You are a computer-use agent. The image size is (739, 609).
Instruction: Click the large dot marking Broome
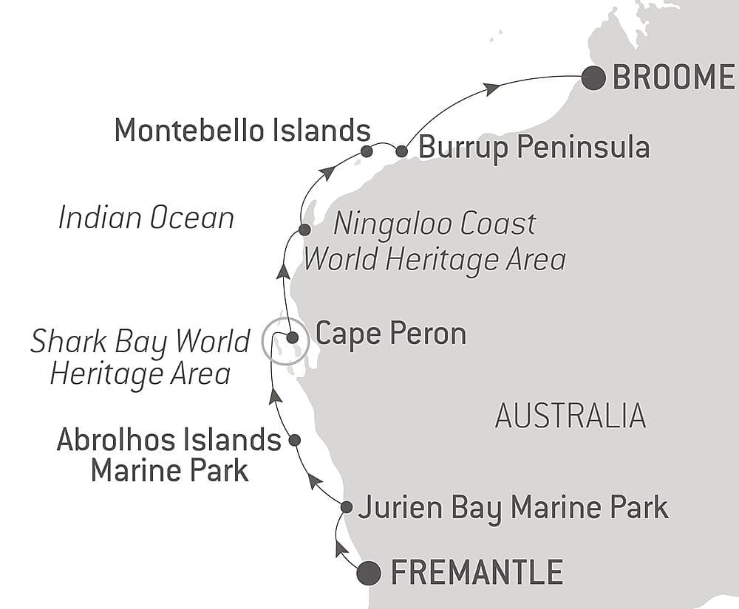[593, 78]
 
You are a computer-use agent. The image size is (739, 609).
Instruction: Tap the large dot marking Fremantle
[369, 573]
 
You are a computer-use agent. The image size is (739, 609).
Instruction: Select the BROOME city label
[672, 78]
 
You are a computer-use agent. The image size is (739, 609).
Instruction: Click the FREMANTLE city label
[477, 573]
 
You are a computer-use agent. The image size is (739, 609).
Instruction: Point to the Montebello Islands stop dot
[367, 151]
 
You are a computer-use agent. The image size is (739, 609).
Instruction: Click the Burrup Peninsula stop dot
[401, 151]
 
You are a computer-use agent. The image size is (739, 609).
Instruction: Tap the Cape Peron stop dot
[292, 338]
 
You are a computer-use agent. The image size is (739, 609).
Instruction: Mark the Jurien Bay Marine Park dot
[347, 507]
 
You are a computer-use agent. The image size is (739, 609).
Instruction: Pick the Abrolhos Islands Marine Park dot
[294, 440]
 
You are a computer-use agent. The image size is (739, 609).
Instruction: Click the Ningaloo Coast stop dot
[304, 231]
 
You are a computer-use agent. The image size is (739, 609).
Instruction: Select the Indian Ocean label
[146, 219]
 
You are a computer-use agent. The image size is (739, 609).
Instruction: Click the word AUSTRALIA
[571, 417]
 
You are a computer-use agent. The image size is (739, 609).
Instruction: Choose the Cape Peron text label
[391, 334]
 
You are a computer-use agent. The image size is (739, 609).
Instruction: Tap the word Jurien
[392, 508]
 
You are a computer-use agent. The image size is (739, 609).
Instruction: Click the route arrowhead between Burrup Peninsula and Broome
[491, 89]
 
